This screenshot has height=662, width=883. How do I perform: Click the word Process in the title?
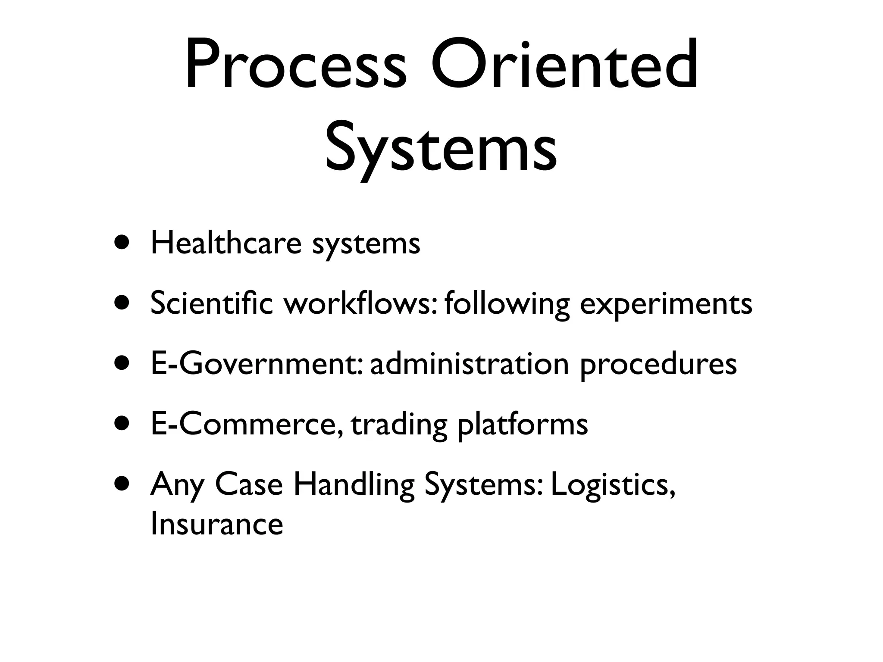[296, 65]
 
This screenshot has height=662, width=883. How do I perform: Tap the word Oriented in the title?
[564, 65]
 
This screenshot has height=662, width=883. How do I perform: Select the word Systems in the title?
[441, 147]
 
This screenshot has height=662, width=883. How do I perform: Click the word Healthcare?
[226, 243]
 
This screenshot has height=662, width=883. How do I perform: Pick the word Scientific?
[211, 303]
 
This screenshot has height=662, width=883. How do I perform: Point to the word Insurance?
[216, 524]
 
